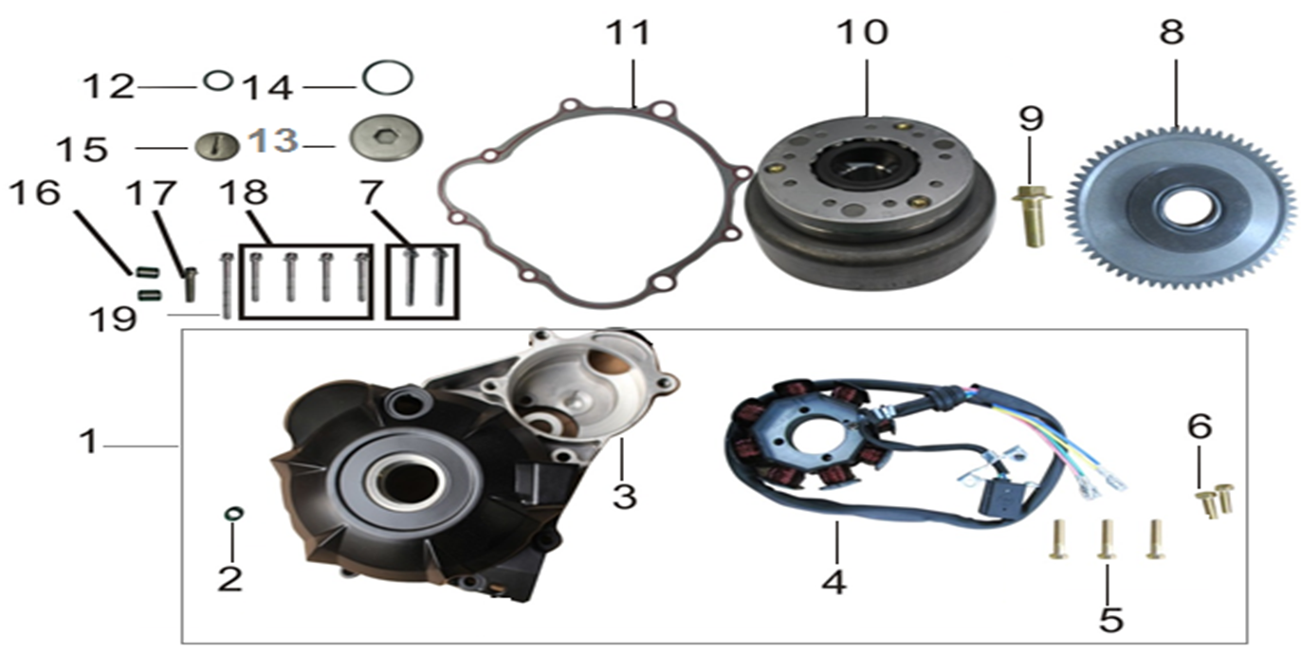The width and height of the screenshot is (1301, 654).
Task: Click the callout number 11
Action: coord(628,32)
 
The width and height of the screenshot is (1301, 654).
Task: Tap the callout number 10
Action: coord(863,32)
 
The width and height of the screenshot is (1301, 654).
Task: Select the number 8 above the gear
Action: coord(1172,32)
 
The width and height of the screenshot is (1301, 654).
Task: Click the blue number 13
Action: coord(273,141)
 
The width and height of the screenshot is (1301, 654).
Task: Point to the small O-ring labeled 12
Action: coord(218,81)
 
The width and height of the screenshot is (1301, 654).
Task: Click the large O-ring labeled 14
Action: coord(388,77)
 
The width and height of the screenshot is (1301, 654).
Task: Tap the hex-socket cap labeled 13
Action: coord(386,138)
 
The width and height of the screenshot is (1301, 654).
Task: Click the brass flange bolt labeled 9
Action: coord(1032,216)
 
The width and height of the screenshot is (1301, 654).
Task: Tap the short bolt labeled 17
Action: coord(190,285)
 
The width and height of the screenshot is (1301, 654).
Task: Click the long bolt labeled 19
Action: coord(227,286)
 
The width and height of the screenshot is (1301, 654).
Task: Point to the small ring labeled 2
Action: coord(233,514)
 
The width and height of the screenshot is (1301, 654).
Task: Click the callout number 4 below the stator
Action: coord(834,582)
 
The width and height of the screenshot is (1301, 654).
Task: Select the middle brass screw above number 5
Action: coord(1107,539)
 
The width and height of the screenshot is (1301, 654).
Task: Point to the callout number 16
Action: coord(35,193)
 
